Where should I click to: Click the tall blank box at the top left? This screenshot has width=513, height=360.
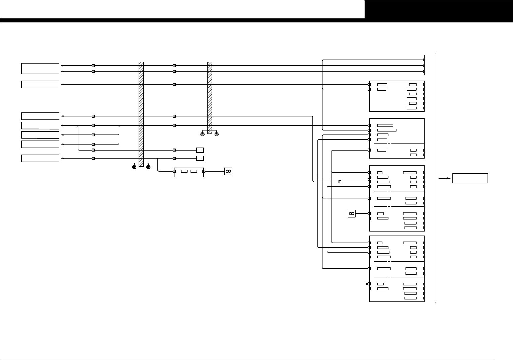tap(40, 68)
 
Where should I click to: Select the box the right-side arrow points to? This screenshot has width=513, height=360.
tap(470, 178)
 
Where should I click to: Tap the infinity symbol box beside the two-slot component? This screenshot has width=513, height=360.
tap(228, 171)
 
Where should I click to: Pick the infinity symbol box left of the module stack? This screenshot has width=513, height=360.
tap(352, 213)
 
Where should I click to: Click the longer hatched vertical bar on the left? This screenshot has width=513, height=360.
tap(141, 114)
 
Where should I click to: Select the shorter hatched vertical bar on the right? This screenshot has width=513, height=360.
tap(210, 97)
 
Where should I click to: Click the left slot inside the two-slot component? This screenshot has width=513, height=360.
tap(184, 171)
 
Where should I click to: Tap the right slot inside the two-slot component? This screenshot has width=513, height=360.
tap(194, 171)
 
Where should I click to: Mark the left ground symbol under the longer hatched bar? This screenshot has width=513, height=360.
tap(134, 167)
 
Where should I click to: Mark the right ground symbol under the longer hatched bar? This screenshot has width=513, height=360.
tap(148, 167)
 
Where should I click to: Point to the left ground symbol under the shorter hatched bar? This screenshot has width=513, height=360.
tap(202, 134)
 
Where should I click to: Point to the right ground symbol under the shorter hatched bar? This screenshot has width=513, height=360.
tap(217, 134)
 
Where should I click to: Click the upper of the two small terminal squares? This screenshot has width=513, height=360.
tap(200, 150)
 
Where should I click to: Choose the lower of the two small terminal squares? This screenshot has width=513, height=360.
tap(200, 158)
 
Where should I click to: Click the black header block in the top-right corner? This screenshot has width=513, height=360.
tap(439, 9)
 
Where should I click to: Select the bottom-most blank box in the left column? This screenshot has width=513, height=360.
tap(40, 158)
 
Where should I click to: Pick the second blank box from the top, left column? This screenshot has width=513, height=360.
tap(40, 84)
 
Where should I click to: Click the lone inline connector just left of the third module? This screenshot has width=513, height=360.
tap(340, 182)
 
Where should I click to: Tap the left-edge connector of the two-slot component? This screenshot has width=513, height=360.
tap(174, 171)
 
